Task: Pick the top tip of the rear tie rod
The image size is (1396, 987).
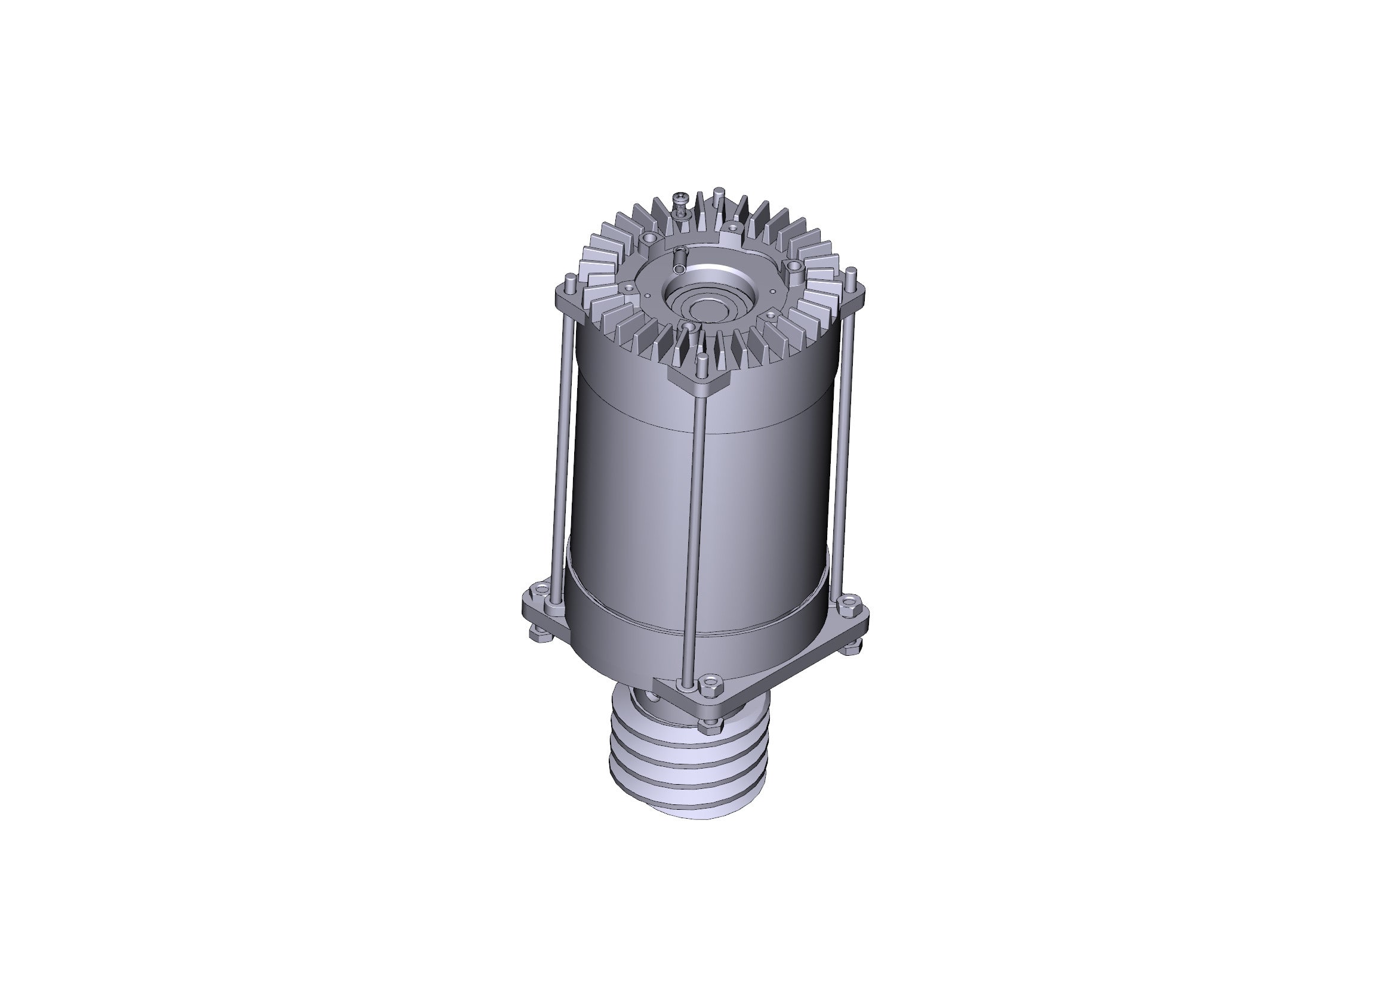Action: (719, 190)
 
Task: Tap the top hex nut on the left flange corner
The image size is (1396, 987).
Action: (538, 589)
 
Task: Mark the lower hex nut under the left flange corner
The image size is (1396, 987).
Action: (539, 635)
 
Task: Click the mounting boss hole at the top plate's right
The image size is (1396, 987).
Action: (793, 266)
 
